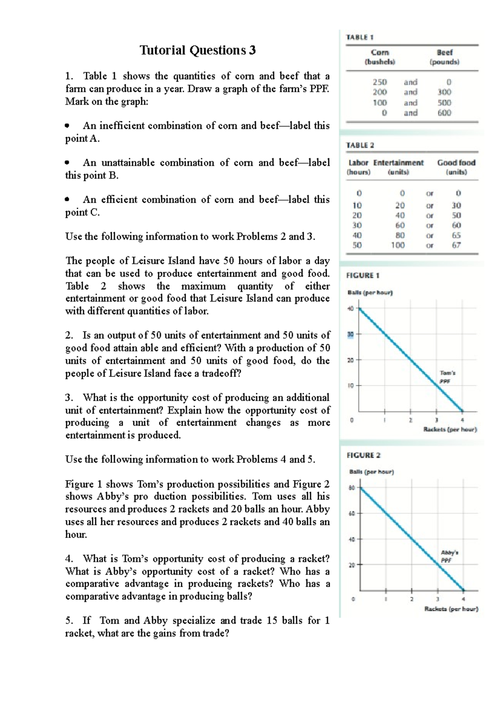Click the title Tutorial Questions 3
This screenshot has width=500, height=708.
click(197, 50)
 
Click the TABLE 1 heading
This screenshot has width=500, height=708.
click(360, 38)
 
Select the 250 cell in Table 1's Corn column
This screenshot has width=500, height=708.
click(380, 82)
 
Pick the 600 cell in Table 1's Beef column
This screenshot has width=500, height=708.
click(444, 113)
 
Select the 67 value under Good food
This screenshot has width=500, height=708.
click(456, 245)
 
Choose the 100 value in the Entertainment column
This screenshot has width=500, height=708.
click(397, 245)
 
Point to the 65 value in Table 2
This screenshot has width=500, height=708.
click(456, 235)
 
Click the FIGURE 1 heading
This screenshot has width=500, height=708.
click(362, 275)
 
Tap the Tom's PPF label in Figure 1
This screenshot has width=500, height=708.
click(447, 377)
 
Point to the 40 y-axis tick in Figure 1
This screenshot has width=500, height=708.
click(350, 309)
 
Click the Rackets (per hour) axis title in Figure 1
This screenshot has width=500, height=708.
click(450, 429)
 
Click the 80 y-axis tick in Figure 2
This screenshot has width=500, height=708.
click(351, 488)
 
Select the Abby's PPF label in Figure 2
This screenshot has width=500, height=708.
click(449, 556)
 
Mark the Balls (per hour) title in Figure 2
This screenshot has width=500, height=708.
click(371, 472)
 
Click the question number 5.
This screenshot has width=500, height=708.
click(69, 620)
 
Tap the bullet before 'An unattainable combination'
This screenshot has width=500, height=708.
click(67, 163)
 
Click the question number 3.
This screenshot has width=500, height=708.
click(69, 397)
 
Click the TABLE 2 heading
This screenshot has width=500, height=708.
click(360, 145)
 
